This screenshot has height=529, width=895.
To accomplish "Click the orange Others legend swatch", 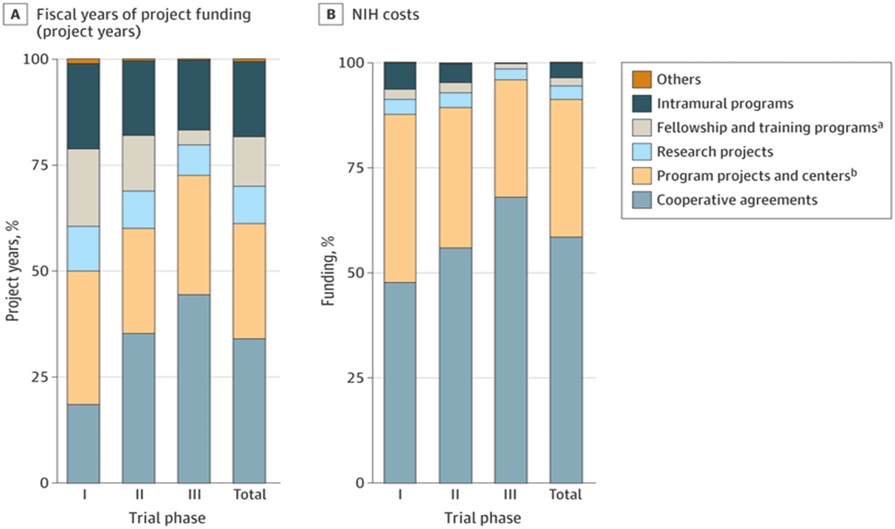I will pyautogui.click(x=641, y=79).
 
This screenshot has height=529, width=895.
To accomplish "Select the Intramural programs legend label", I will pyautogui.click(x=725, y=104).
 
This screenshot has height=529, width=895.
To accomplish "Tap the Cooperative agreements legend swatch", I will pyautogui.click(x=641, y=200).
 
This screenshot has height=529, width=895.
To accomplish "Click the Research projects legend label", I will pyautogui.click(x=715, y=152).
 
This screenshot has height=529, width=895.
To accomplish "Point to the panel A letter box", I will pyautogui.click(x=15, y=15).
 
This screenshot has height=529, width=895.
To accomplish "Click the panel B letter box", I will pyautogui.click(x=330, y=15).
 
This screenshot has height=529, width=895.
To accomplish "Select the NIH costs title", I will pyautogui.click(x=385, y=15).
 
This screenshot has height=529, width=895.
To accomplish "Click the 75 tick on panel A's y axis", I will pyautogui.click(x=39, y=165).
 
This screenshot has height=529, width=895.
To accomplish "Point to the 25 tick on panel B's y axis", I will pyautogui.click(x=355, y=378).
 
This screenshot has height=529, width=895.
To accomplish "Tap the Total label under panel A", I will pyautogui.click(x=249, y=495).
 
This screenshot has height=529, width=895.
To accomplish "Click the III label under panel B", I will pyautogui.click(x=510, y=495).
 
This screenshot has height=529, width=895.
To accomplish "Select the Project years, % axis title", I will pyautogui.click(x=13, y=271).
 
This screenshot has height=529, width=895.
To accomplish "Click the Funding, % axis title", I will pyautogui.click(x=328, y=271).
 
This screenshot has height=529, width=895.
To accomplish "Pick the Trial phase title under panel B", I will pyautogui.click(x=482, y=518).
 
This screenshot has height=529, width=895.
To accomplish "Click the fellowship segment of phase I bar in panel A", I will pyautogui.click(x=83, y=187).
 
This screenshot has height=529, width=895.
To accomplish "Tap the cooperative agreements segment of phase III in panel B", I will pyautogui.click(x=510, y=340).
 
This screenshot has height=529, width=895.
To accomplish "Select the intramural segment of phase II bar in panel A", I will pyautogui.click(x=139, y=98).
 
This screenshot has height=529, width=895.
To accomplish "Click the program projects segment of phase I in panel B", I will pyautogui.click(x=400, y=198).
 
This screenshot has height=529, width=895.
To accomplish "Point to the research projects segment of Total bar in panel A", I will pyautogui.click(x=249, y=205).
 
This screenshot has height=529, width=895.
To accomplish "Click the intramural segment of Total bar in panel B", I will pyautogui.click(x=566, y=70).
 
